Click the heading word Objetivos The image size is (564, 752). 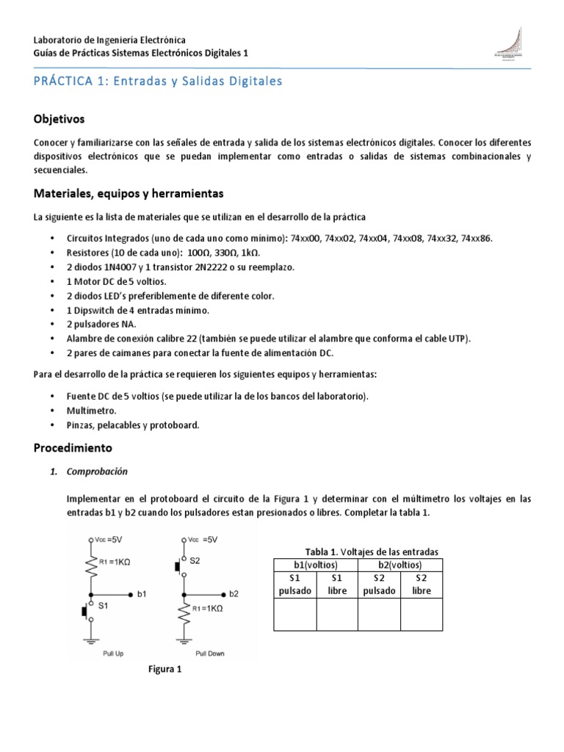click(x=59, y=118)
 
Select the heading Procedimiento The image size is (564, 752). click(x=73, y=447)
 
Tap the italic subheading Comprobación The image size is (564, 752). click(x=97, y=471)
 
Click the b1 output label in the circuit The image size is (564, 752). click(x=142, y=593)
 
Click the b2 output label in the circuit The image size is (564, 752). click(x=234, y=593)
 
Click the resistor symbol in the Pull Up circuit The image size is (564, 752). click(x=90, y=567)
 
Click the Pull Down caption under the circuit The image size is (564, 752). click(x=211, y=652)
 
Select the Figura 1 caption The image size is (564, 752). click(x=165, y=669)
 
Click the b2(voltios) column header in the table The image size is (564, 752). click(x=400, y=565)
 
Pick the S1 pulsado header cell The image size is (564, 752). click(x=294, y=585)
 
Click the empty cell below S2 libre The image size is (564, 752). click(x=422, y=614)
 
